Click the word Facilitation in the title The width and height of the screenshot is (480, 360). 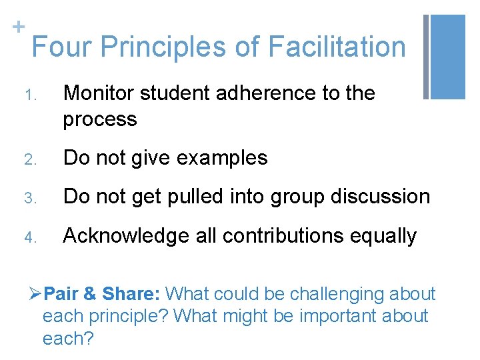[336, 47]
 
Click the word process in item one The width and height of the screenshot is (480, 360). [100, 120]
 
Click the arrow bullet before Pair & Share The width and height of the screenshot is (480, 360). [37, 294]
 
